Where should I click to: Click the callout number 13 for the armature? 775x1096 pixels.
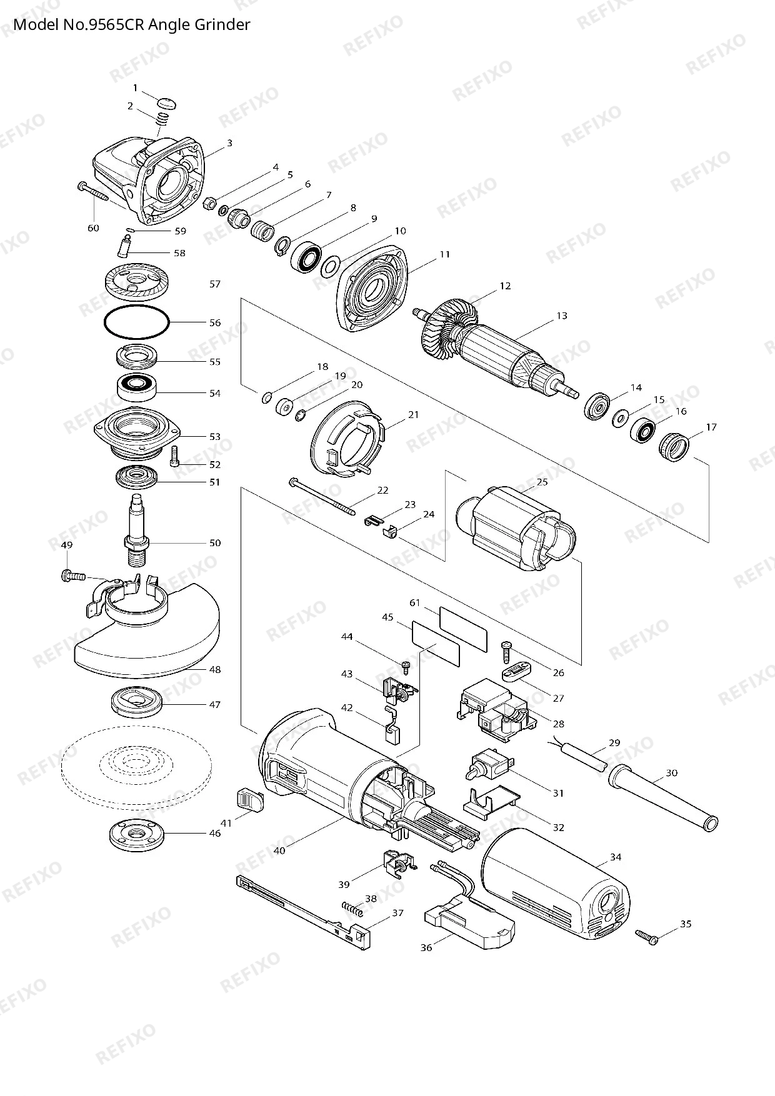(562, 316)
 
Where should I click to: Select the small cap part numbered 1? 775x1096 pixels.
(167, 102)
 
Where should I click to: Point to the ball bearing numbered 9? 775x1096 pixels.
(306, 256)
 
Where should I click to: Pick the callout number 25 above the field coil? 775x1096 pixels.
(542, 482)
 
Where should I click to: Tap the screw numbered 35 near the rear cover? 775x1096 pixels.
(647, 937)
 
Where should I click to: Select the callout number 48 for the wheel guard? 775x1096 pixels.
(215, 669)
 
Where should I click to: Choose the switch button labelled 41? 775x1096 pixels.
(251, 800)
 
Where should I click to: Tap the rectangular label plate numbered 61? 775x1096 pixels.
(463, 629)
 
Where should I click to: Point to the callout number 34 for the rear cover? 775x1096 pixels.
(616, 857)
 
